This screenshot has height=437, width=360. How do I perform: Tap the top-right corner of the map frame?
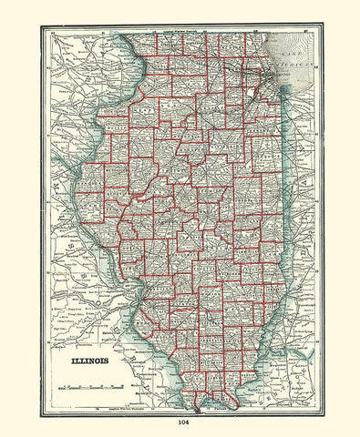pyautogui.click(x=321, y=26)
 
